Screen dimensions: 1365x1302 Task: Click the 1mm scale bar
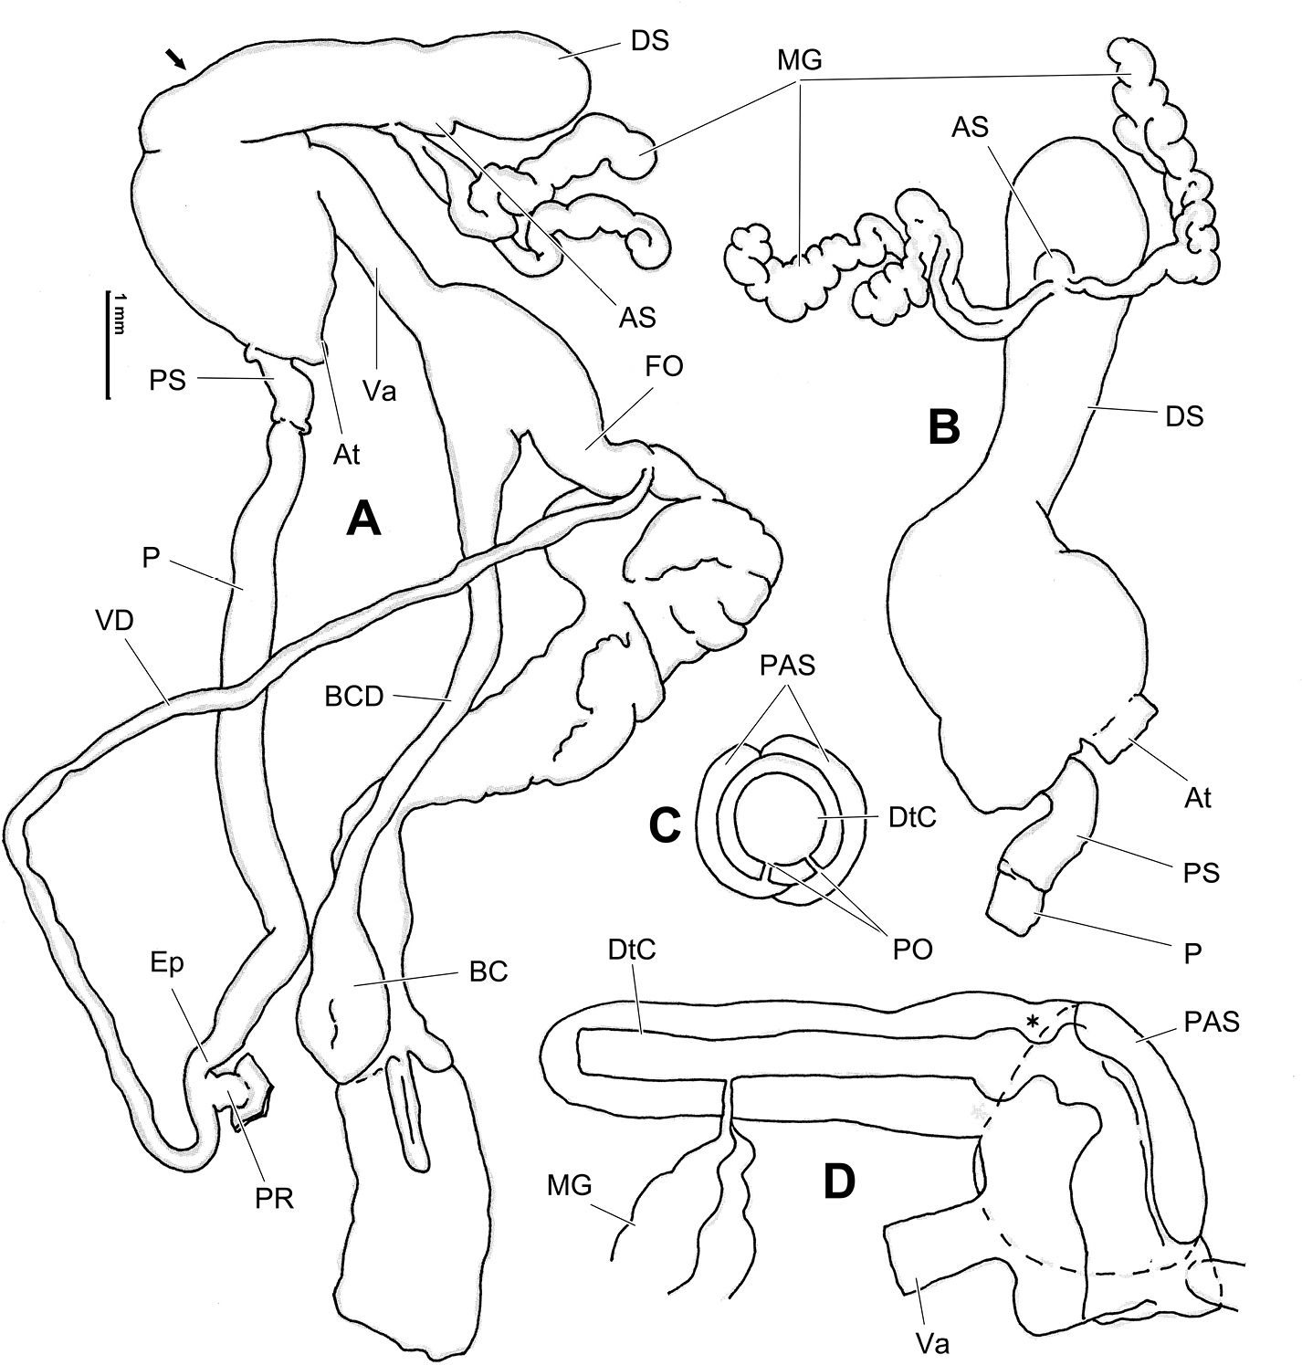pos(108,344)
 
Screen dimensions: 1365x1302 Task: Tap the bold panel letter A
pos(362,521)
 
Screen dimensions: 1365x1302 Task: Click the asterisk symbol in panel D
pos(1034,1024)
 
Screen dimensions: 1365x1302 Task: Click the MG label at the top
pos(800,62)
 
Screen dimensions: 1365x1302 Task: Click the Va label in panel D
pos(933,1341)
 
